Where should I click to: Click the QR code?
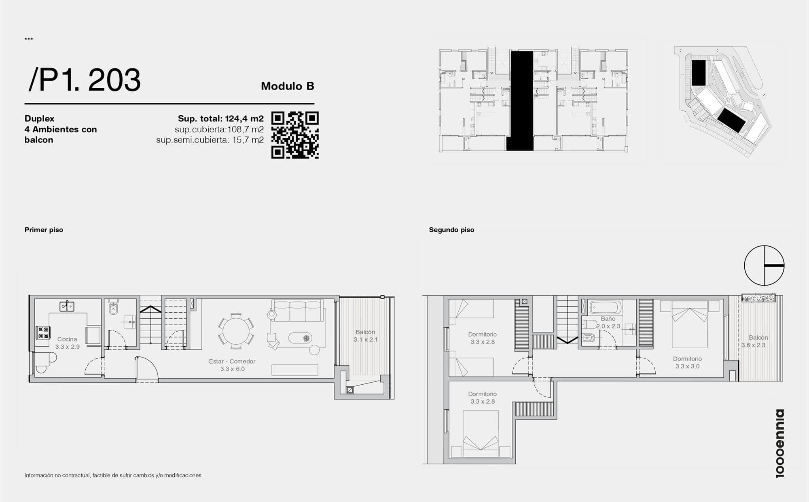[295, 135]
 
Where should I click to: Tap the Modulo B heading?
[288, 86]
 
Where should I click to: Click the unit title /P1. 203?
[85, 80]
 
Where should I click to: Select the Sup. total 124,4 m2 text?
[221, 119]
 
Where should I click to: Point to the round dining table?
[236, 330]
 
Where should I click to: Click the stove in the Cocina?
[43, 333]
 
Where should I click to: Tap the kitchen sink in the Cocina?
[67, 307]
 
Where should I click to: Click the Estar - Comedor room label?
[232, 365]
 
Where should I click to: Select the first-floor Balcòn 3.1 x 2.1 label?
[366, 336]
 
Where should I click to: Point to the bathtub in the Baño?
[605, 307]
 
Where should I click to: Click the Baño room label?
[608, 322]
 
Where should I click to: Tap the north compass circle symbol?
[764, 266]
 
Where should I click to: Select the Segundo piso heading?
[451, 230]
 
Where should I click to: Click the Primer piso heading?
[44, 230]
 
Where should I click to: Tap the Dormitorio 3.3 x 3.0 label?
[687, 362]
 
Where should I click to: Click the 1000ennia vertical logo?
[780, 443]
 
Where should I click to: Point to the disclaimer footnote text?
[113, 475]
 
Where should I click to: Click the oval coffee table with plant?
[301, 338]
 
